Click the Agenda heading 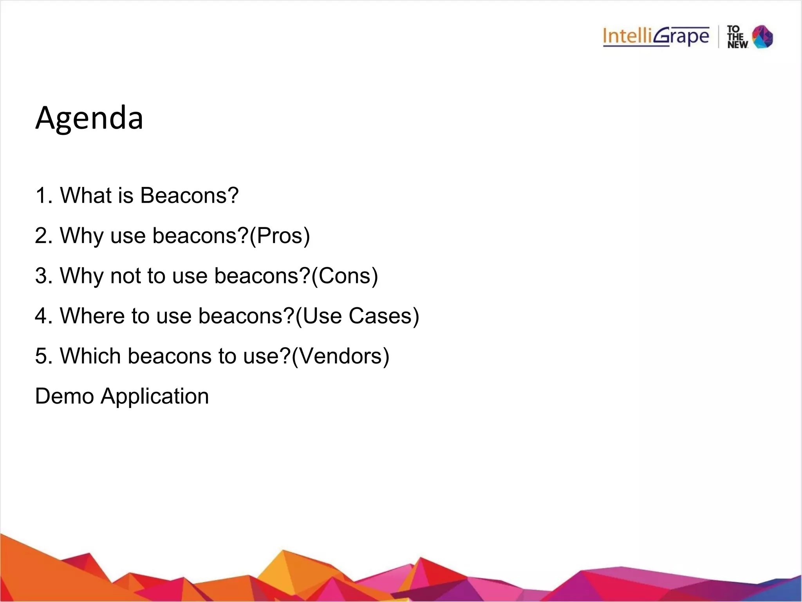tap(89, 118)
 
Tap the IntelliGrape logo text tap(656, 37)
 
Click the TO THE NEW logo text tap(737, 37)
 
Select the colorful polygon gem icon tap(762, 37)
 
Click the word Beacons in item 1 tap(189, 195)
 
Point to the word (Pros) tap(280, 236)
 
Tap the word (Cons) tap(345, 276)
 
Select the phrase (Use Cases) tap(357, 316)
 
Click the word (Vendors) tap(340, 356)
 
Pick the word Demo tap(64, 396)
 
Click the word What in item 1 tap(85, 195)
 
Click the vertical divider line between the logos tap(719, 37)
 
